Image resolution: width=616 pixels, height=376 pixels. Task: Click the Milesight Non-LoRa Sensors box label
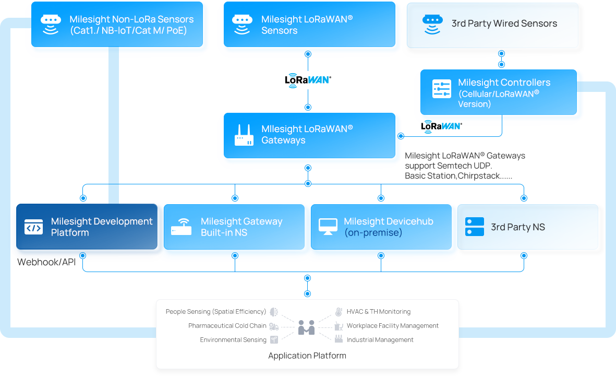(131, 19)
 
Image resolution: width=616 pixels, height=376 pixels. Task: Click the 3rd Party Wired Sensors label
(504, 23)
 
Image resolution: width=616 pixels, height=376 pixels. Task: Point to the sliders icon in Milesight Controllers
(442, 89)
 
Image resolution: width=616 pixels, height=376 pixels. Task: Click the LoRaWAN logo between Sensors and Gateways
(308, 80)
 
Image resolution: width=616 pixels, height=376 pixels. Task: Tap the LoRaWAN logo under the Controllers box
(441, 126)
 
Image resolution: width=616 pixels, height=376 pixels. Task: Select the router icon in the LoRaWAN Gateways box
(244, 135)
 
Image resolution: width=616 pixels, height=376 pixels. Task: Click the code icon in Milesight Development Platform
(34, 228)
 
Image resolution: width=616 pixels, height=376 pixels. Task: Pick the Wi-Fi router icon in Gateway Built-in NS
(181, 228)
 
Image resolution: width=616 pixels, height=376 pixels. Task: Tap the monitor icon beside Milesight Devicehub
(328, 227)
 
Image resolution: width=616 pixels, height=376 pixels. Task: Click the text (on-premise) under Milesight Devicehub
(373, 233)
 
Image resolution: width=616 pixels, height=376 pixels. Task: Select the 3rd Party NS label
(517, 227)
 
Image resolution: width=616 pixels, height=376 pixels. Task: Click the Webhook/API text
(46, 262)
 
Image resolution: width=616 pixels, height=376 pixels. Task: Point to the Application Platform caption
(307, 356)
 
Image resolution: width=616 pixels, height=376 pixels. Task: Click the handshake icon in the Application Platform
(307, 328)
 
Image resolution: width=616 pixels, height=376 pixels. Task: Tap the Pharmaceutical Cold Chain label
(227, 326)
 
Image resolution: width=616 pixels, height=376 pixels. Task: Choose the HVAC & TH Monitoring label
(378, 312)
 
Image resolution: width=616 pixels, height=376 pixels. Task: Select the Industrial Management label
(380, 340)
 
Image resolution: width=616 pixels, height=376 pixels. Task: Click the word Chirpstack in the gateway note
(479, 176)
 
